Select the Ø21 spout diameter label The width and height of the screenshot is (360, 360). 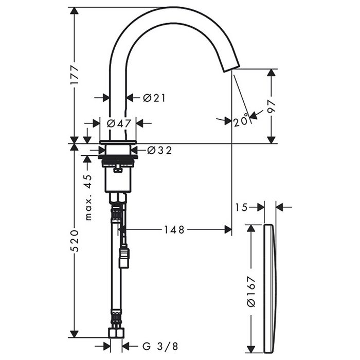pos(154,98)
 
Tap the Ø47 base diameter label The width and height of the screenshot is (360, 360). pos(119,123)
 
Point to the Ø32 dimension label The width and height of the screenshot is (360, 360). pos(159,150)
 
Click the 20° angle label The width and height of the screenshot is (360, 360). pos(241,120)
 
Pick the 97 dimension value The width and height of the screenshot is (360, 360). pos(272,106)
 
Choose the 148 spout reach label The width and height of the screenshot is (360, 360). pos(174,229)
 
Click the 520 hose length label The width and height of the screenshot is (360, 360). pos(75,240)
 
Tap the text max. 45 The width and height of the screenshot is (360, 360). pos(88,197)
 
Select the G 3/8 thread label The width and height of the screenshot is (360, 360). pos(160,347)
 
